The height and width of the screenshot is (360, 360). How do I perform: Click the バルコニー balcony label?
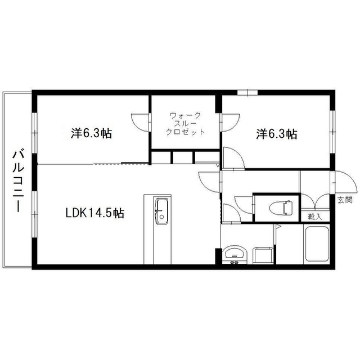pos(18,181)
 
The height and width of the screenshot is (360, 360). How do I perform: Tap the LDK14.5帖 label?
pos(95,213)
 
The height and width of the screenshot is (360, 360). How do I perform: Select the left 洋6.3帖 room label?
pos(91,133)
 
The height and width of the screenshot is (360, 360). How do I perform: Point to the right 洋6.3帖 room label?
pos(276,134)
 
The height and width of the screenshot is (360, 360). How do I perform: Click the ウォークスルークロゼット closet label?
pos(185,124)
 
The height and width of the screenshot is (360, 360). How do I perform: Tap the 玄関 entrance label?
pos(345,200)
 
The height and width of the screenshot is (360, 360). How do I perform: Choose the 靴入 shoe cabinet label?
pos(315,217)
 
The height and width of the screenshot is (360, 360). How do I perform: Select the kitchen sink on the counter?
pos(162,211)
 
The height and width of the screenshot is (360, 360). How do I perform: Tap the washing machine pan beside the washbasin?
pos(263,255)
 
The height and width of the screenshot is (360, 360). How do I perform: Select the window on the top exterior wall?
pos(247,92)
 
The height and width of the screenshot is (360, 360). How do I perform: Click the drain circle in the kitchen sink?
pos(162,217)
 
